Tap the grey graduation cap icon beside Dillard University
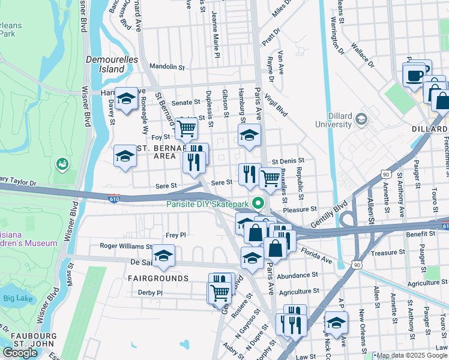[x=361, y=119]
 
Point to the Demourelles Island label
[x=112, y=64]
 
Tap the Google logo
[x=20, y=353]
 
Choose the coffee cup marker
[x=414, y=76]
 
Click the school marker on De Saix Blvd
[x=163, y=256]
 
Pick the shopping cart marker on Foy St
[x=187, y=127]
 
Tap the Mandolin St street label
[x=166, y=67]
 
